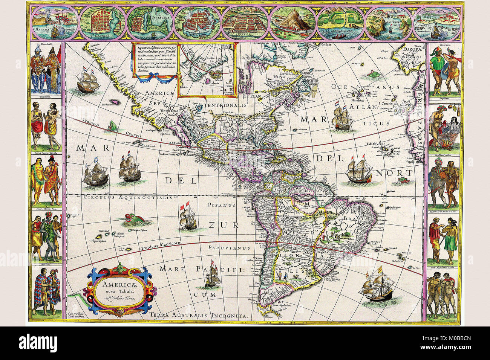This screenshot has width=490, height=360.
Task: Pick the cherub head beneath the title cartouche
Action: click(x=119, y=312)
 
